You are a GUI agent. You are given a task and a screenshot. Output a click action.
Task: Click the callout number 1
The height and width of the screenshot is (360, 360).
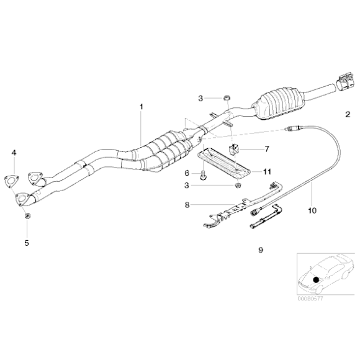pyautogui.click(x=142, y=107)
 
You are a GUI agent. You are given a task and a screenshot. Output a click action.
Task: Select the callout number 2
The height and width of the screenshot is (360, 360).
pyautogui.click(x=348, y=114)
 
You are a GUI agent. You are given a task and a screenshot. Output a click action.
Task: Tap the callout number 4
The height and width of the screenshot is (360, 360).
pyautogui.click(x=14, y=152)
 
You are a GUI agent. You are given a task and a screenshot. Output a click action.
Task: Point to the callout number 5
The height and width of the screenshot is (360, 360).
pyautogui.click(x=26, y=243)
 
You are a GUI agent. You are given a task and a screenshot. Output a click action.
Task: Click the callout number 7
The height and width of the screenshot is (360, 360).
pyautogui.click(x=267, y=149)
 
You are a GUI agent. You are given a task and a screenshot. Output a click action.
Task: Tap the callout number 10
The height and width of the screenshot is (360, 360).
pyautogui.click(x=312, y=210)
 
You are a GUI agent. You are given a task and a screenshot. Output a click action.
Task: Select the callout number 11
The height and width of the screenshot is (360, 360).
pyautogui.click(x=267, y=171)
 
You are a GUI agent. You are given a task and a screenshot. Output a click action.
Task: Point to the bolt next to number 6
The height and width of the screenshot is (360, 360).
pyautogui.click(x=204, y=176)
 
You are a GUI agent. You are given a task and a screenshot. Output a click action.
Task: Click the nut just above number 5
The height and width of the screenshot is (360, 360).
pyautogui.click(x=27, y=216)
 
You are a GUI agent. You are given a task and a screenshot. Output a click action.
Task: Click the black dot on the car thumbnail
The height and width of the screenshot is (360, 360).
pyautogui.click(x=318, y=279)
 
